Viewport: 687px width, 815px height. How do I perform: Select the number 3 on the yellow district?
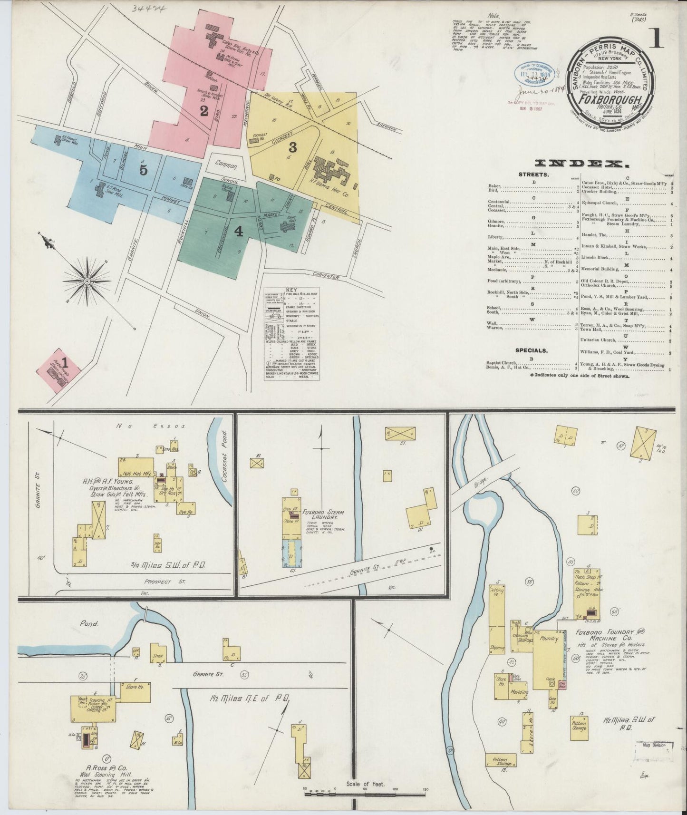point(293,147)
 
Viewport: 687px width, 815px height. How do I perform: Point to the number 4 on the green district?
point(239,231)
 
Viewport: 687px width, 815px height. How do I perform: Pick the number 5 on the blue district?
point(143,170)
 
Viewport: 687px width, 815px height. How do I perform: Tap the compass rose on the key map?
point(87,281)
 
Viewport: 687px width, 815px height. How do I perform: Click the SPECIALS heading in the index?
point(531,350)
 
